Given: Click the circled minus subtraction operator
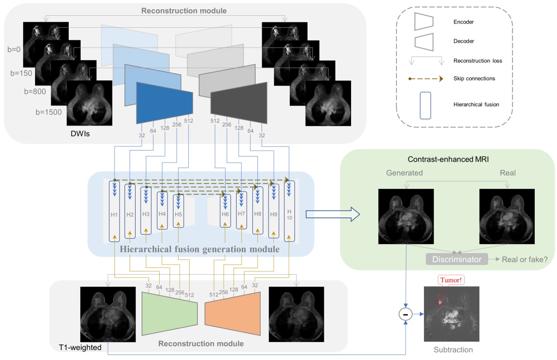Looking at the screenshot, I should click(x=406, y=314).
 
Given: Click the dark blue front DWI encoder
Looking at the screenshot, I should click(x=164, y=102).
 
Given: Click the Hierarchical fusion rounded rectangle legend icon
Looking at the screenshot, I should click(x=425, y=104).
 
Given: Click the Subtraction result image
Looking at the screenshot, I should click(x=451, y=314).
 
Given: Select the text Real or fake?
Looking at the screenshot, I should click(x=527, y=259).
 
